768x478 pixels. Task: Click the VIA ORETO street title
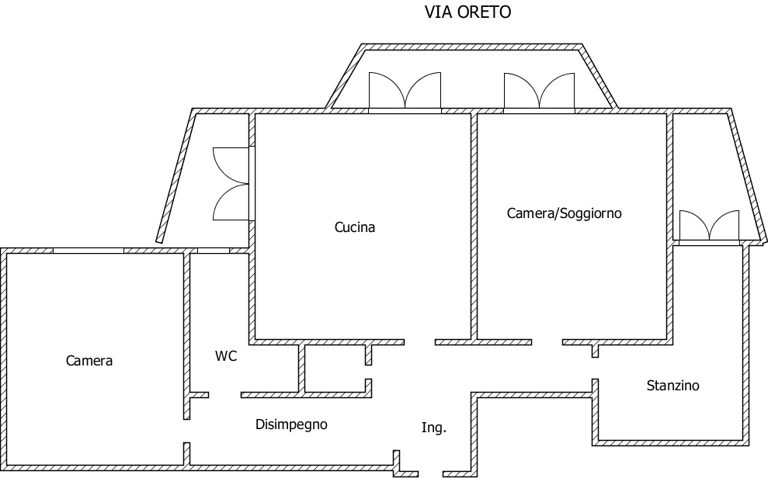pyautogui.click(x=467, y=12)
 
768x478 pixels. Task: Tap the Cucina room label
pyautogui.click(x=355, y=227)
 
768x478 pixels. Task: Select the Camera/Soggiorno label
pyautogui.click(x=565, y=213)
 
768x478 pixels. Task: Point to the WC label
pyautogui.click(x=226, y=356)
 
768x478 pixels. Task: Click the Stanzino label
pyautogui.click(x=673, y=385)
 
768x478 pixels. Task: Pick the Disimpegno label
pyautogui.click(x=291, y=424)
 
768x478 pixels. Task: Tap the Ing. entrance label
pyautogui.click(x=434, y=428)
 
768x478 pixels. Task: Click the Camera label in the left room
pyautogui.click(x=89, y=361)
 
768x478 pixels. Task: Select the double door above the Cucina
pyautogui.click(x=404, y=92)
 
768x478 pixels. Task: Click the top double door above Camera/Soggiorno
pyautogui.click(x=539, y=92)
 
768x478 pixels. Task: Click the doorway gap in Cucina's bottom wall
pyautogui.click(x=419, y=341)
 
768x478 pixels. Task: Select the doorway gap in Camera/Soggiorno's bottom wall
pyautogui.click(x=547, y=341)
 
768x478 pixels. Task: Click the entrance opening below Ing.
pyautogui.click(x=430, y=472)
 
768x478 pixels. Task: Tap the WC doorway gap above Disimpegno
pyautogui.click(x=224, y=394)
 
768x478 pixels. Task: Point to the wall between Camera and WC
pyautogui.click(x=186, y=326)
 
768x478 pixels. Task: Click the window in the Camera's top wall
pyautogui.click(x=88, y=251)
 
